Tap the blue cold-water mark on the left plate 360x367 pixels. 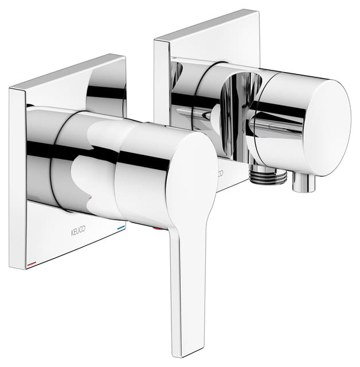pos(120,227)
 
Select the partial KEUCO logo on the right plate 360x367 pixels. pos(220,172)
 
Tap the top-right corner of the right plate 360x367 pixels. pos(257,11)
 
